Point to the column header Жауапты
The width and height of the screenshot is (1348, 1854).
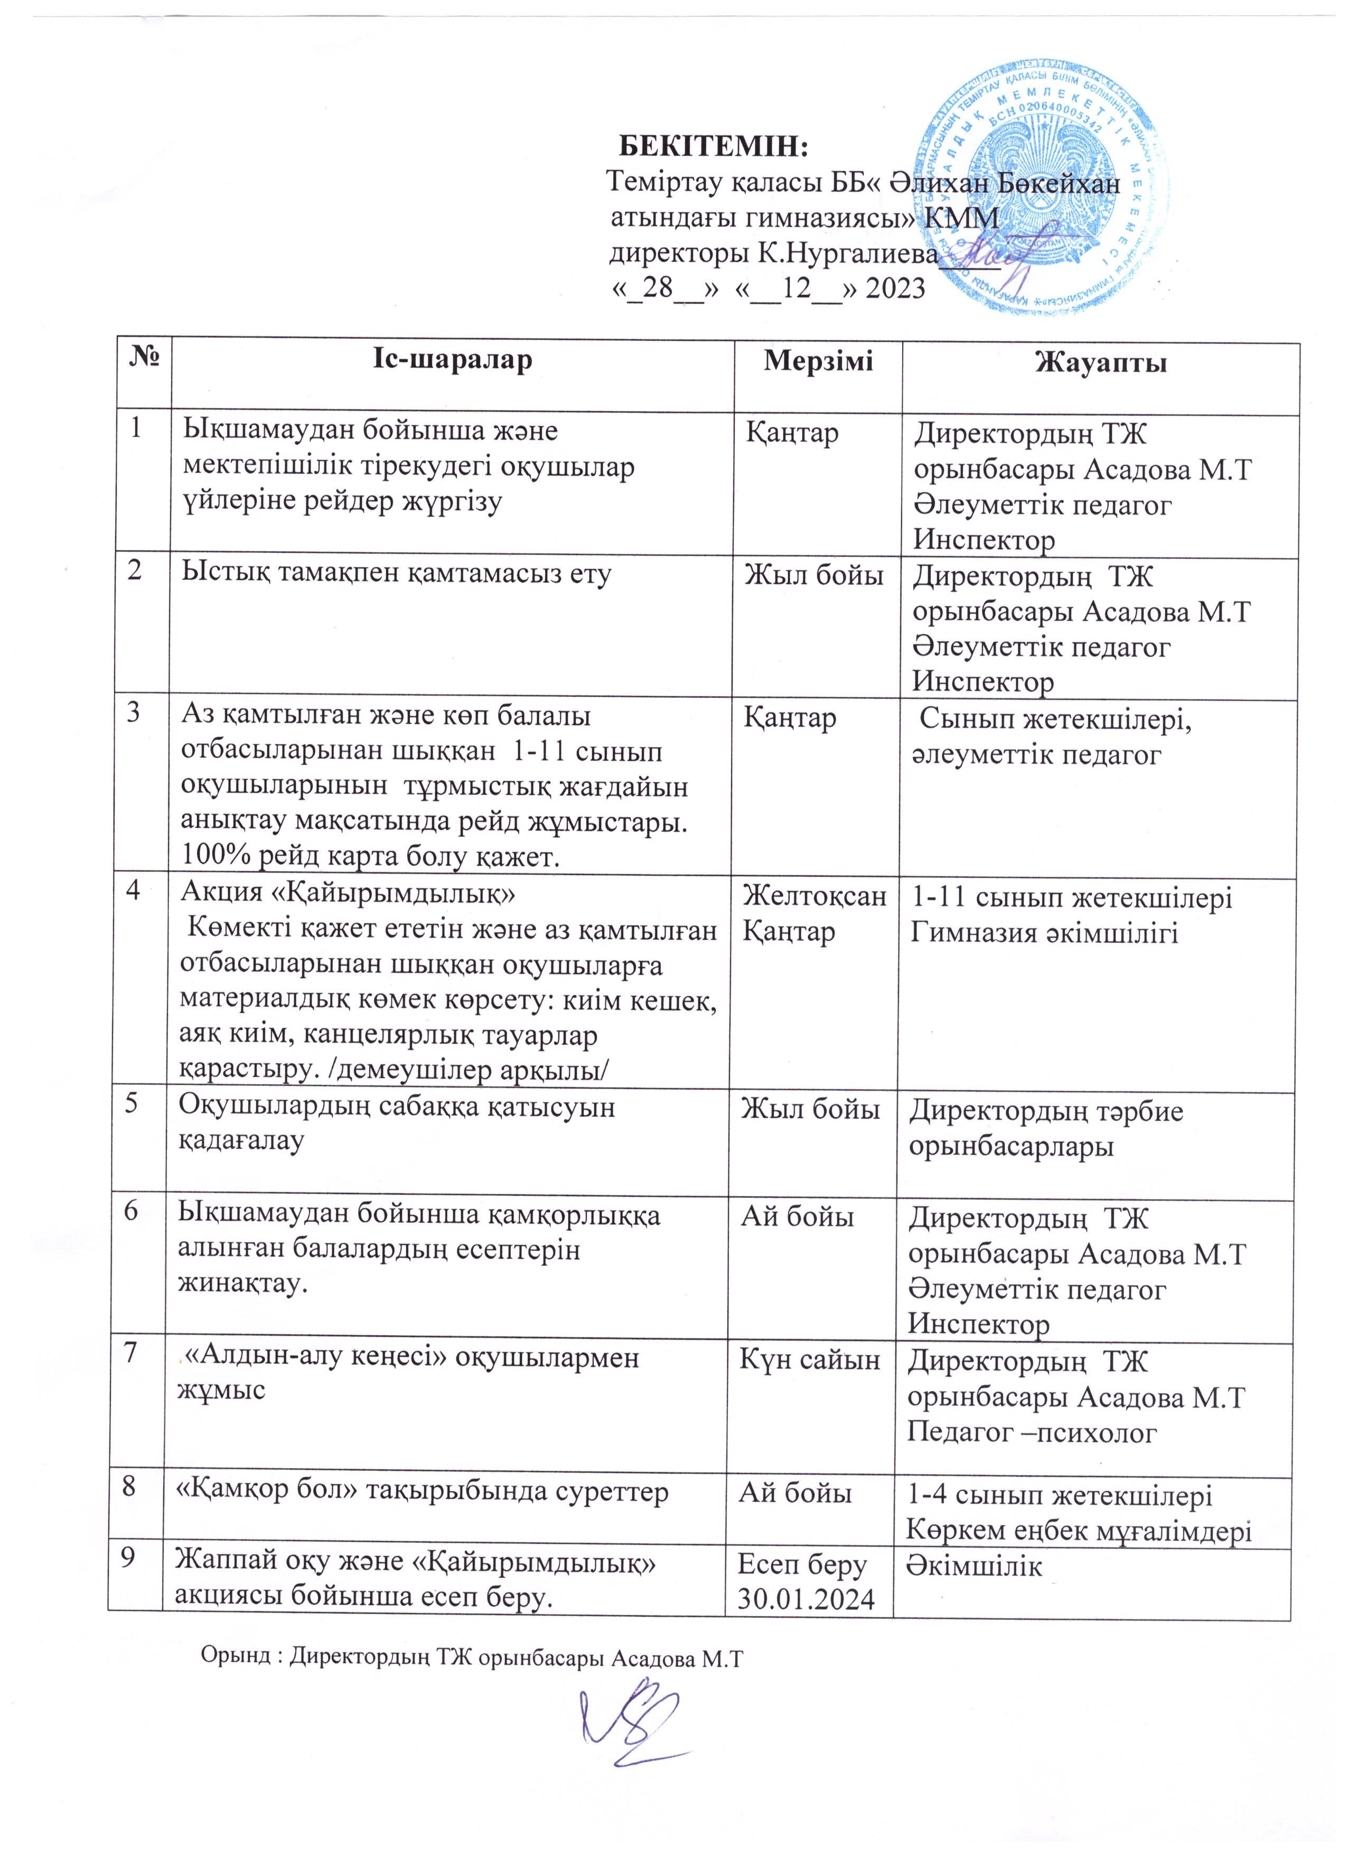click(x=1100, y=362)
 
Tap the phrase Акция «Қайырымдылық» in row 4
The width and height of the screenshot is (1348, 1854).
click(x=348, y=894)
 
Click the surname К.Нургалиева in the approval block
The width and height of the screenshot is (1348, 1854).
click(x=842, y=254)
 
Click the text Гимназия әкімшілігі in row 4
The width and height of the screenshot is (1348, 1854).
click(x=1044, y=932)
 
